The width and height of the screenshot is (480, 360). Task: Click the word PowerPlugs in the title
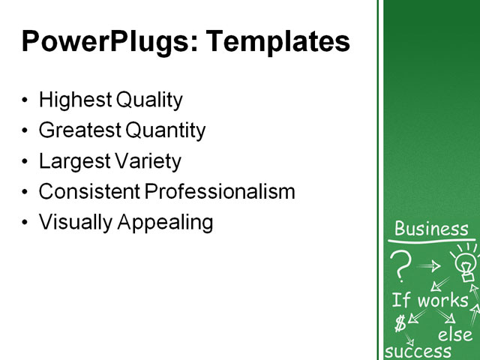click(104, 41)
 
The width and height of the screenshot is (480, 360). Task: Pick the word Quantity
click(166, 130)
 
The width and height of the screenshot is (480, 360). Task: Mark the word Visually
click(73, 223)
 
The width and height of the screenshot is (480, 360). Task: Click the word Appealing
click(165, 223)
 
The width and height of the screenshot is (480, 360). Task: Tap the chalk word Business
click(431, 229)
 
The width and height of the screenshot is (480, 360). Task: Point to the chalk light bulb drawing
click(465, 263)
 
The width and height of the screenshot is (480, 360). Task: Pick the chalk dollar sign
click(400, 323)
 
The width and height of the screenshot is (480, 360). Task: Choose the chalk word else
click(455, 334)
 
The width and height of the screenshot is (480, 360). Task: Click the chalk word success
click(418, 351)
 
